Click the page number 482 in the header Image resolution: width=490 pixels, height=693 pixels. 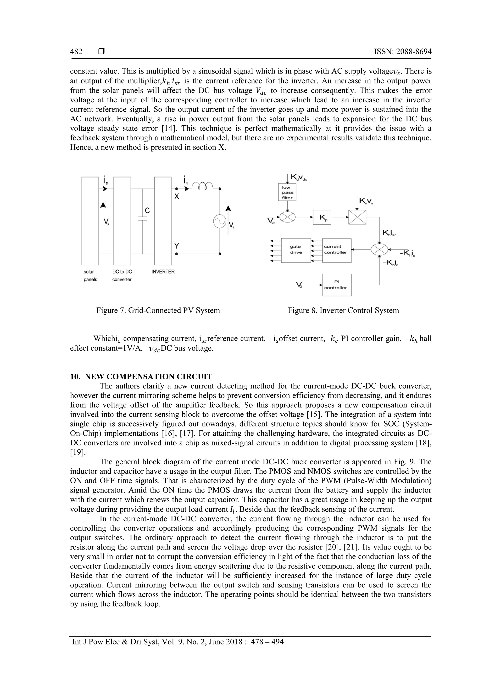point(76,52)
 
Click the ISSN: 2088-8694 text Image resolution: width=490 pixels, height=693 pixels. point(402,52)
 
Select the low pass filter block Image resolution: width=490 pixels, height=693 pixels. point(287,192)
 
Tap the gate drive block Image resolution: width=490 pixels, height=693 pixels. point(296,249)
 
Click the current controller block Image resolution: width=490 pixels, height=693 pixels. point(336,249)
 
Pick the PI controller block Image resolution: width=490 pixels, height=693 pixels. point(336,285)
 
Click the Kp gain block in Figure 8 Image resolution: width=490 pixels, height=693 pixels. point(322,217)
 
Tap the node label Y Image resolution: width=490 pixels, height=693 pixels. point(177,246)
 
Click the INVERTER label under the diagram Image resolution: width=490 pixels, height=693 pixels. point(163,272)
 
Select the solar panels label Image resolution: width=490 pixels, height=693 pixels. point(90,276)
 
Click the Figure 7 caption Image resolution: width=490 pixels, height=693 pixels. point(158,310)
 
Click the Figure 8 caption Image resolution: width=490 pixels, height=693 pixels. point(343,310)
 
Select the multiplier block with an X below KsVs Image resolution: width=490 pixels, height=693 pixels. point(357,217)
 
